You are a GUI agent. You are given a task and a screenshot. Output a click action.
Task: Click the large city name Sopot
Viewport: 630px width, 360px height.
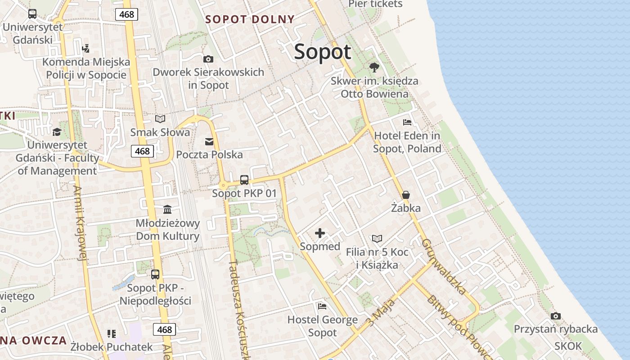click(322, 52)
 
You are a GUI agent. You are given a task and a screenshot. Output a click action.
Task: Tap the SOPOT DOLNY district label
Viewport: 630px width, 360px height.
click(250, 19)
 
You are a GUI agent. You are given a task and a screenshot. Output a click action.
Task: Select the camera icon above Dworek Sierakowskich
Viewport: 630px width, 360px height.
click(208, 59)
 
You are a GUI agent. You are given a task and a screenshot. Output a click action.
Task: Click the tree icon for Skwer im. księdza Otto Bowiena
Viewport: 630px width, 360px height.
click(374, 68)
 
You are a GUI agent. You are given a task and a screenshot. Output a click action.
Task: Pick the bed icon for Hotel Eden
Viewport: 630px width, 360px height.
click(407, 122)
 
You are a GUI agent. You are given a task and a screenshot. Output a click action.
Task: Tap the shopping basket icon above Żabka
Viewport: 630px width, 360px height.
click(406, 195)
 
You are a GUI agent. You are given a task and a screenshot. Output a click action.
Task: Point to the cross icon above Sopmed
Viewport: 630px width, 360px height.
click(320, 233)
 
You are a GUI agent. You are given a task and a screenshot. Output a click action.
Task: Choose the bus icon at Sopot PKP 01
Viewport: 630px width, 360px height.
click(244, 180)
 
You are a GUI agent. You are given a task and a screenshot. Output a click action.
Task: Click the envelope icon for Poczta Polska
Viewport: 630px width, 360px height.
click(209, 142)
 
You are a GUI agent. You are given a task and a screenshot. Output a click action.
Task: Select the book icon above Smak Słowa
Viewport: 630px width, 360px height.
click(160, 119)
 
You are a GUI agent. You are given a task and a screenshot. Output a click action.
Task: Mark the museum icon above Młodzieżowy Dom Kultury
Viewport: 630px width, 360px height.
click(168, 209)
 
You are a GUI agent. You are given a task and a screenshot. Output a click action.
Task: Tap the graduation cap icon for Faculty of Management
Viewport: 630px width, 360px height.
click(57, 132)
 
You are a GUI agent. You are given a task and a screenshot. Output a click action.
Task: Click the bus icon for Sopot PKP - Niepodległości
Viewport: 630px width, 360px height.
click(155, 274)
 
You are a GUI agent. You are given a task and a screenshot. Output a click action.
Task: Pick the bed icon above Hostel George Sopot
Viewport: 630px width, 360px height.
click(322, 306)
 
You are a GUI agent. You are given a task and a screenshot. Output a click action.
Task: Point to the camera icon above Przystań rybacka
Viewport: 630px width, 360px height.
click(556, 316)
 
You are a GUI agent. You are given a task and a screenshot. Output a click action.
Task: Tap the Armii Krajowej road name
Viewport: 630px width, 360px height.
click(80, 223)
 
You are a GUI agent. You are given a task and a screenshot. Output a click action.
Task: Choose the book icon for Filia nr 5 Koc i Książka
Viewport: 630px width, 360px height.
click(377, 238)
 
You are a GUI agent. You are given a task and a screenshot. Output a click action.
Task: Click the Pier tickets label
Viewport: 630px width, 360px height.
click(375, 4)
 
